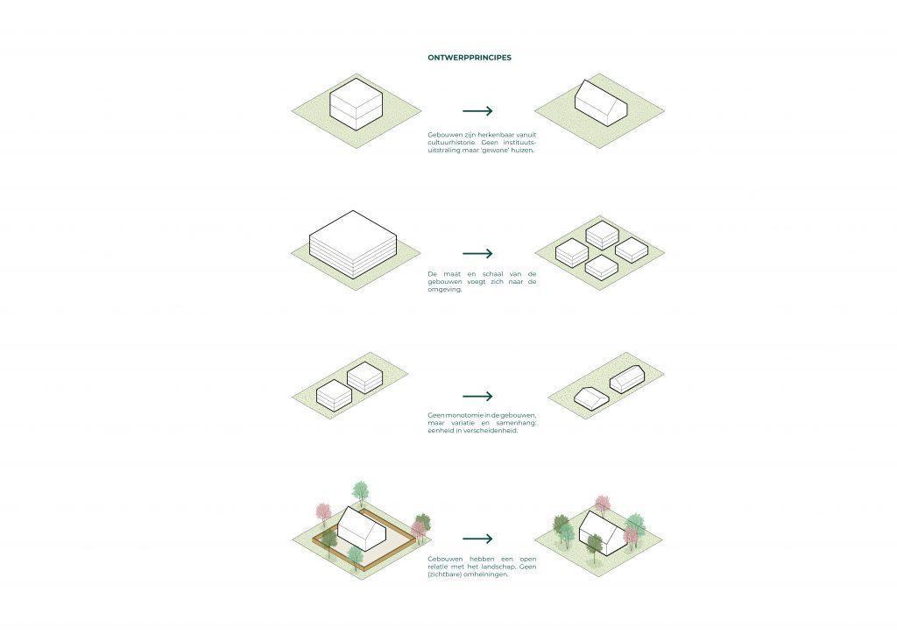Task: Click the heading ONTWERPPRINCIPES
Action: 470,58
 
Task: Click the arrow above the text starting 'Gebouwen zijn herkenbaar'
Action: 477,111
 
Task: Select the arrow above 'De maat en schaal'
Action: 477,253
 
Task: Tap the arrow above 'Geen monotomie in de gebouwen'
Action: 477,396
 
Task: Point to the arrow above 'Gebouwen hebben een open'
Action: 477,539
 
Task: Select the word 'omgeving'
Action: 444,289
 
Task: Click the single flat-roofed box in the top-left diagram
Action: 356,106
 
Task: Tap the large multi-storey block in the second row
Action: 353,244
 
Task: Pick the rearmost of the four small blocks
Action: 603,235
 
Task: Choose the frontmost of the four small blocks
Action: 601,266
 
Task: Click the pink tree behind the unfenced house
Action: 602,505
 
